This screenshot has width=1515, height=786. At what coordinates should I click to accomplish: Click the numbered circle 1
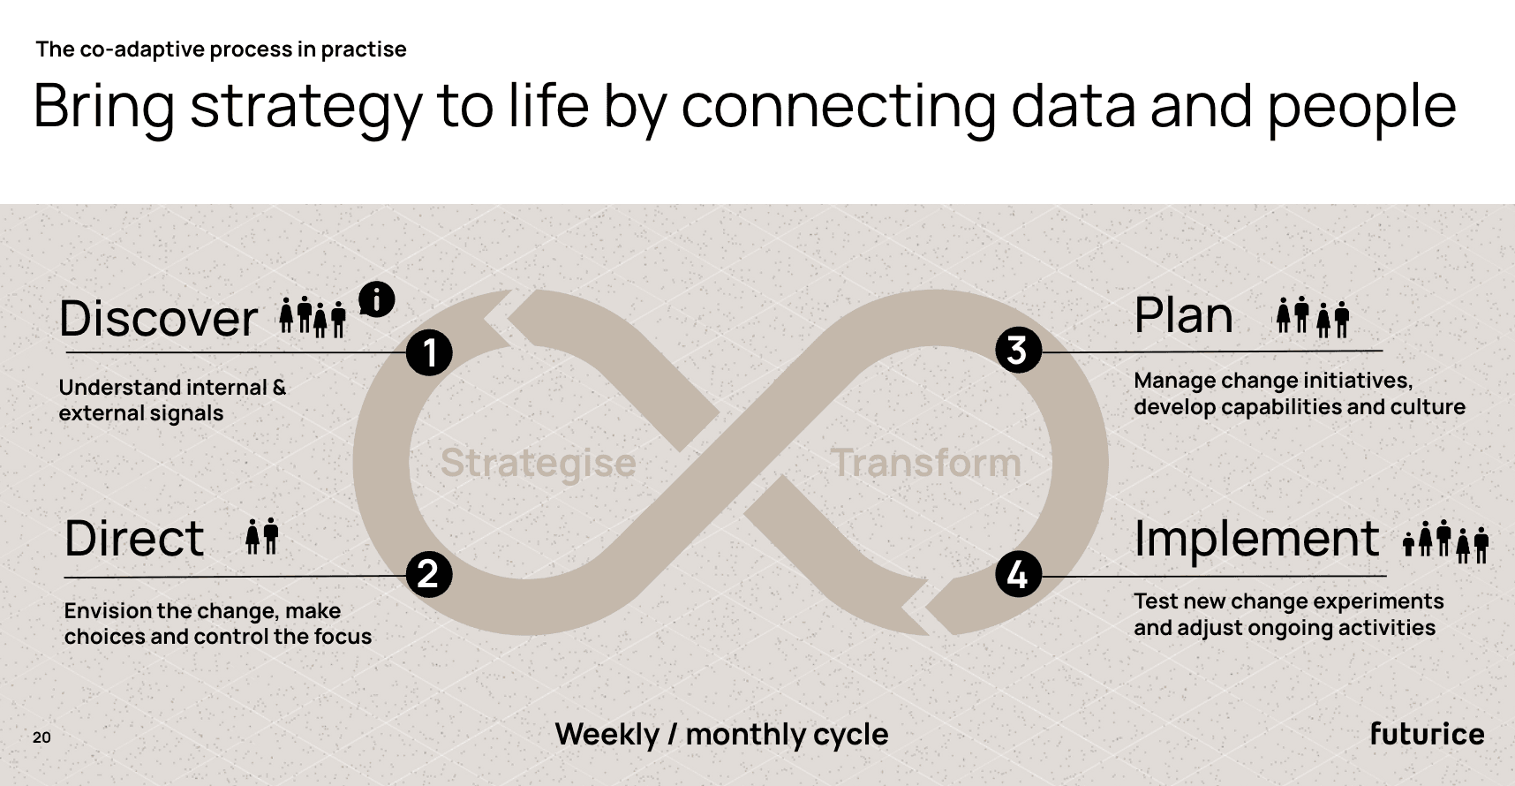(x=429, y=353)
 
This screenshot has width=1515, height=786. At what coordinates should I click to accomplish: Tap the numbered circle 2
(x=428, y=574)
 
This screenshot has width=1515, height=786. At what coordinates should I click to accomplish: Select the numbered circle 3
(x=1018, y=350)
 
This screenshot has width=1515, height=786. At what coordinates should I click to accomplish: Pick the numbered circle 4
(x=1018, y=575)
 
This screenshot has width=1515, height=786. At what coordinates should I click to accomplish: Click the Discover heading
(x=158, y=319)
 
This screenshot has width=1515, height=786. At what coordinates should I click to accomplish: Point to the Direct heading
(x=134, y=539)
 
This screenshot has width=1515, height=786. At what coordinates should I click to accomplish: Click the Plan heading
(x=1183, y=315)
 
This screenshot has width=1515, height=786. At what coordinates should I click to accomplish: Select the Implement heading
(x=1256, y=539)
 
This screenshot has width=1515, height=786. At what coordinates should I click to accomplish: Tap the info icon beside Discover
(x=377, y=299)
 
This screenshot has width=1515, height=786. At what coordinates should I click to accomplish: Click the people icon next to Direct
(x=262, y=536)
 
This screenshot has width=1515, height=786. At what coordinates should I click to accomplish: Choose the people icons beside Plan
(x=1313, y=317)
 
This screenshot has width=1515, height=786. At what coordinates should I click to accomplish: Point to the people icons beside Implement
(x=1446, y=540)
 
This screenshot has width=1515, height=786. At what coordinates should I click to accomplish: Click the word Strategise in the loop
(x=538, y=463)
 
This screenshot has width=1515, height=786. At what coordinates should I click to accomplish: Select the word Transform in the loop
(x=925, y=463)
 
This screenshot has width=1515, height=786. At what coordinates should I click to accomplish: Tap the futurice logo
(x=1427, y=734)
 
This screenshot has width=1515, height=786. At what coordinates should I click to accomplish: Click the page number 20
(x=41, y=737)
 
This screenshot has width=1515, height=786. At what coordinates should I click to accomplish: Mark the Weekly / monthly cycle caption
(x=721, y=734)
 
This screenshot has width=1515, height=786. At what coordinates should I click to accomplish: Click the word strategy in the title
(x=305, y=107)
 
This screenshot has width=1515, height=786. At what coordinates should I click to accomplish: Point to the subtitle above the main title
(x=221, y=49)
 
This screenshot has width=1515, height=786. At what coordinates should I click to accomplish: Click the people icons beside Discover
(x=313, y=317)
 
